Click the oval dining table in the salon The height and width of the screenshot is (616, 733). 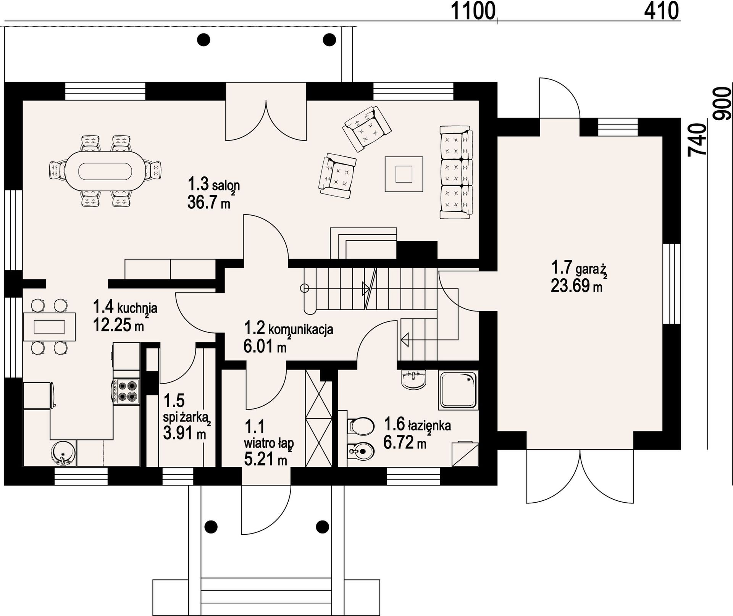click(x=105, y=171)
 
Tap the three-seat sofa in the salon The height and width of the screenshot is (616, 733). click(x=456, y=173)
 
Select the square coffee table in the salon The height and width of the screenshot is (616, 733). click(x=404, y=174)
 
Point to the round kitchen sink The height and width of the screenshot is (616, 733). click(x=62, y=453)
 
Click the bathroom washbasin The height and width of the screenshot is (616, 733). click(x=414, y=380)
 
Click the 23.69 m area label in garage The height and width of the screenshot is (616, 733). click(x=576, y=286)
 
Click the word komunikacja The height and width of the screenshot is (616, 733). click(x=301, y=329)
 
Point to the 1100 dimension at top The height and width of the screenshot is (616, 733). click(x=473, y=11)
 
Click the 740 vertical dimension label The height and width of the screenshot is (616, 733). click(x=697, y=139)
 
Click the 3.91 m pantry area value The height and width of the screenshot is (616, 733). click(x=184, y=433)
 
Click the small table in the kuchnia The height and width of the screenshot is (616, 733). click(x=49, y=327)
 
